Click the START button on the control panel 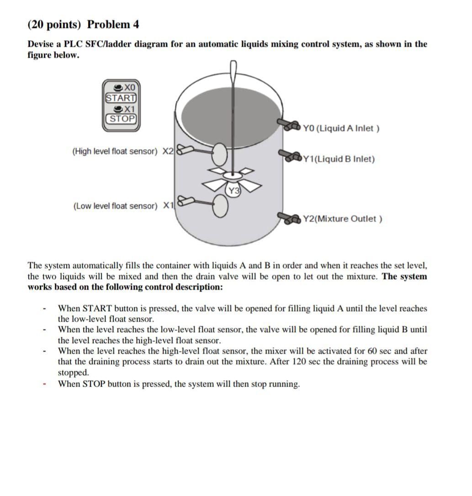coord(121,98)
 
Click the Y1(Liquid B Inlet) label coord(339,159)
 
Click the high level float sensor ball coord(220,154)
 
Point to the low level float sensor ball coord(220,206)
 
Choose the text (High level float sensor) coord(115,151)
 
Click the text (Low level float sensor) coord(115,206)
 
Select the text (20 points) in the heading coord(55,24)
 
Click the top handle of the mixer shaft coord(233,69)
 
